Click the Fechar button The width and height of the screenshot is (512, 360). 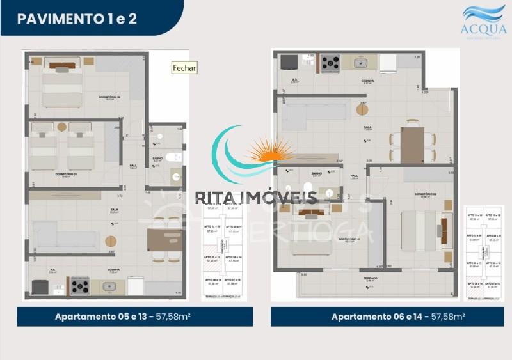click(x=185, y=68)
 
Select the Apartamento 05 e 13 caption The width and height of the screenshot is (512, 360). click(x=134, y=317)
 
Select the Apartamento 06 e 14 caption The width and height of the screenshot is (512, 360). click(x=397, y=317)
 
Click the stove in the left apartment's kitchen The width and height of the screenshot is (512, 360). click(x=79, y=286)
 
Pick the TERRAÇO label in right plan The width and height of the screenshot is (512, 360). click(x=368, y=279)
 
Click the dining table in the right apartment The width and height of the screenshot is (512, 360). click(x=412, y=144)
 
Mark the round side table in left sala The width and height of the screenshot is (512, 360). click(x=111, y=242)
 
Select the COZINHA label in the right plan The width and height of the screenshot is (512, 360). click(x=367, y=81)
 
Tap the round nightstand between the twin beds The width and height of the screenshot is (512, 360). click(x=61, y=127)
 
